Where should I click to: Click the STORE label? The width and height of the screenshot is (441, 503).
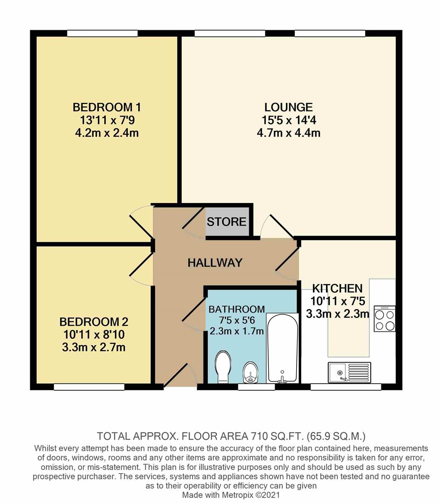(226, 222)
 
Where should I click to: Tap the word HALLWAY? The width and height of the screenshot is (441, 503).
(215, 263)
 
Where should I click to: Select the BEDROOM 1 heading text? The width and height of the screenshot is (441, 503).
(107, 108)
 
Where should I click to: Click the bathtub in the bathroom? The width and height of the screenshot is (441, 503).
(282, 347)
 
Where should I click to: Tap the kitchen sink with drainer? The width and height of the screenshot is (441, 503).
(349, 372)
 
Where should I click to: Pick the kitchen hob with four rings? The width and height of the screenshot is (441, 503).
(384, 319)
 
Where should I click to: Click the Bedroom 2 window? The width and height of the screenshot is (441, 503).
(89, 387)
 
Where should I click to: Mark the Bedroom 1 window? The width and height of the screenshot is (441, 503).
(102, 34)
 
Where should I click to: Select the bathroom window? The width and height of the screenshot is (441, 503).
(256, 387)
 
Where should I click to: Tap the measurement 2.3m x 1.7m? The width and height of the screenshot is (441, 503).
(237, 332)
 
